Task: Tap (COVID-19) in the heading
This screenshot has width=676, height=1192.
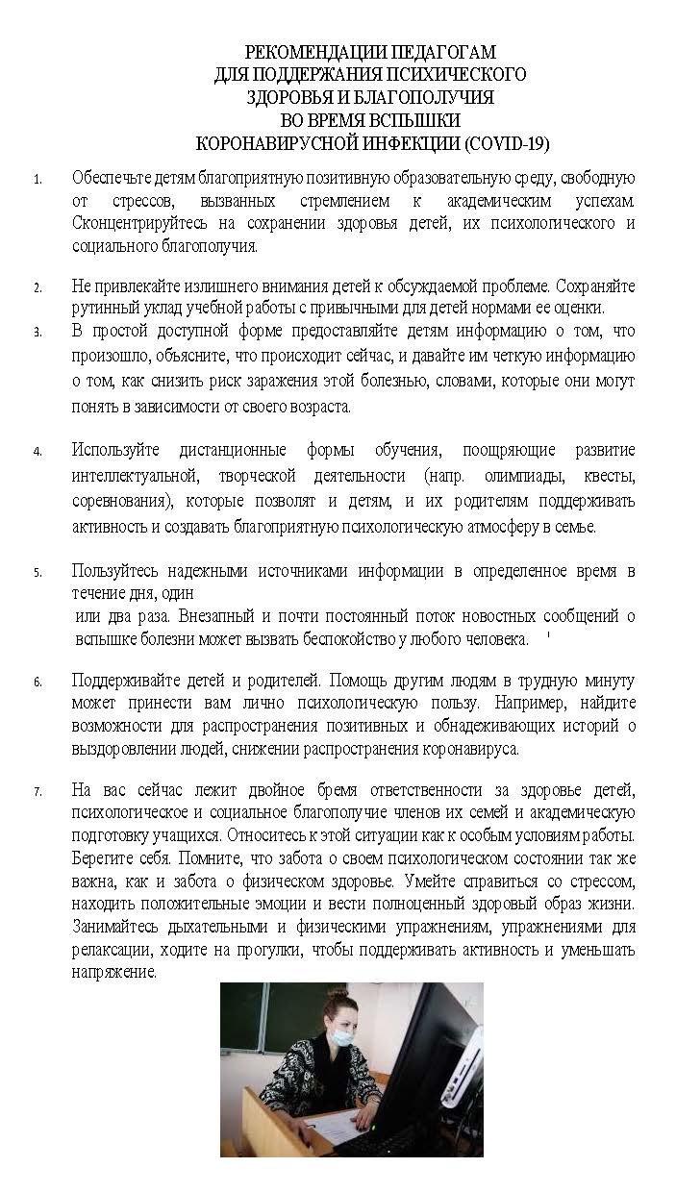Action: [507, 144]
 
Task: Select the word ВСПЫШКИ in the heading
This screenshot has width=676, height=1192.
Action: [418, 120]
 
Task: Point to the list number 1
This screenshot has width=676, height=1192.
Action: [38, 180]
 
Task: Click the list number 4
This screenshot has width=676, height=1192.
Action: [38, 451]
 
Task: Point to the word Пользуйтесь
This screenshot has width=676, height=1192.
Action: [116, 571]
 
